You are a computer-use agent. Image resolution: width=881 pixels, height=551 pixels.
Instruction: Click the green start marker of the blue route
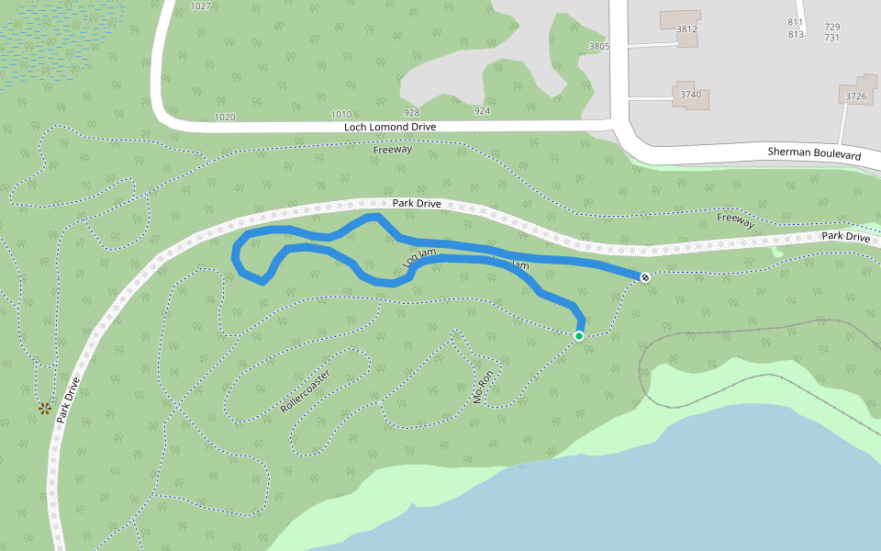(579, 337)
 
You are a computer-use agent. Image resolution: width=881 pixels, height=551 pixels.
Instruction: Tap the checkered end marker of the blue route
(645, 276)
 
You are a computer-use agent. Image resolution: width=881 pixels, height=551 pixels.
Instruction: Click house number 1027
(200, 6)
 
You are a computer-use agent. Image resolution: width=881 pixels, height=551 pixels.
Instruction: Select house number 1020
(224, 117)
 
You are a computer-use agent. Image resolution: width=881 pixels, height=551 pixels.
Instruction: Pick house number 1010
(340, 115)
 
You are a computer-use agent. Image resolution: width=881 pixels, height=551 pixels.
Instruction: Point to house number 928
(411, 112)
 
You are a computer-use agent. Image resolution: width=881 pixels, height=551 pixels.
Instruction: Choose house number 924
(482, 111)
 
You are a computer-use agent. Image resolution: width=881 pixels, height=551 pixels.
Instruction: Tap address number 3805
(598, 46)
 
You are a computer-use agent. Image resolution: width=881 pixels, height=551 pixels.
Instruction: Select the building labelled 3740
(690, 95)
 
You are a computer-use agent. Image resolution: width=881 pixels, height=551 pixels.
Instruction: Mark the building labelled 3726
(856, 96)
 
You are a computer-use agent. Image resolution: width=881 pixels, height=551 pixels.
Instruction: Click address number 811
(795, 22)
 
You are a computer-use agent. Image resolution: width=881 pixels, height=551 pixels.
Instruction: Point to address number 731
(832, 37)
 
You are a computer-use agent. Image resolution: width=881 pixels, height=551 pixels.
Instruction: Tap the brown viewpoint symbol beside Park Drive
(43, 408)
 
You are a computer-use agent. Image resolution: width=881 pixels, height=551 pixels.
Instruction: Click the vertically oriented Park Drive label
(68, 399)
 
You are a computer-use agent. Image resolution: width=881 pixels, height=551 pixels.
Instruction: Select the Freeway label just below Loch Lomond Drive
(393, 149)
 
